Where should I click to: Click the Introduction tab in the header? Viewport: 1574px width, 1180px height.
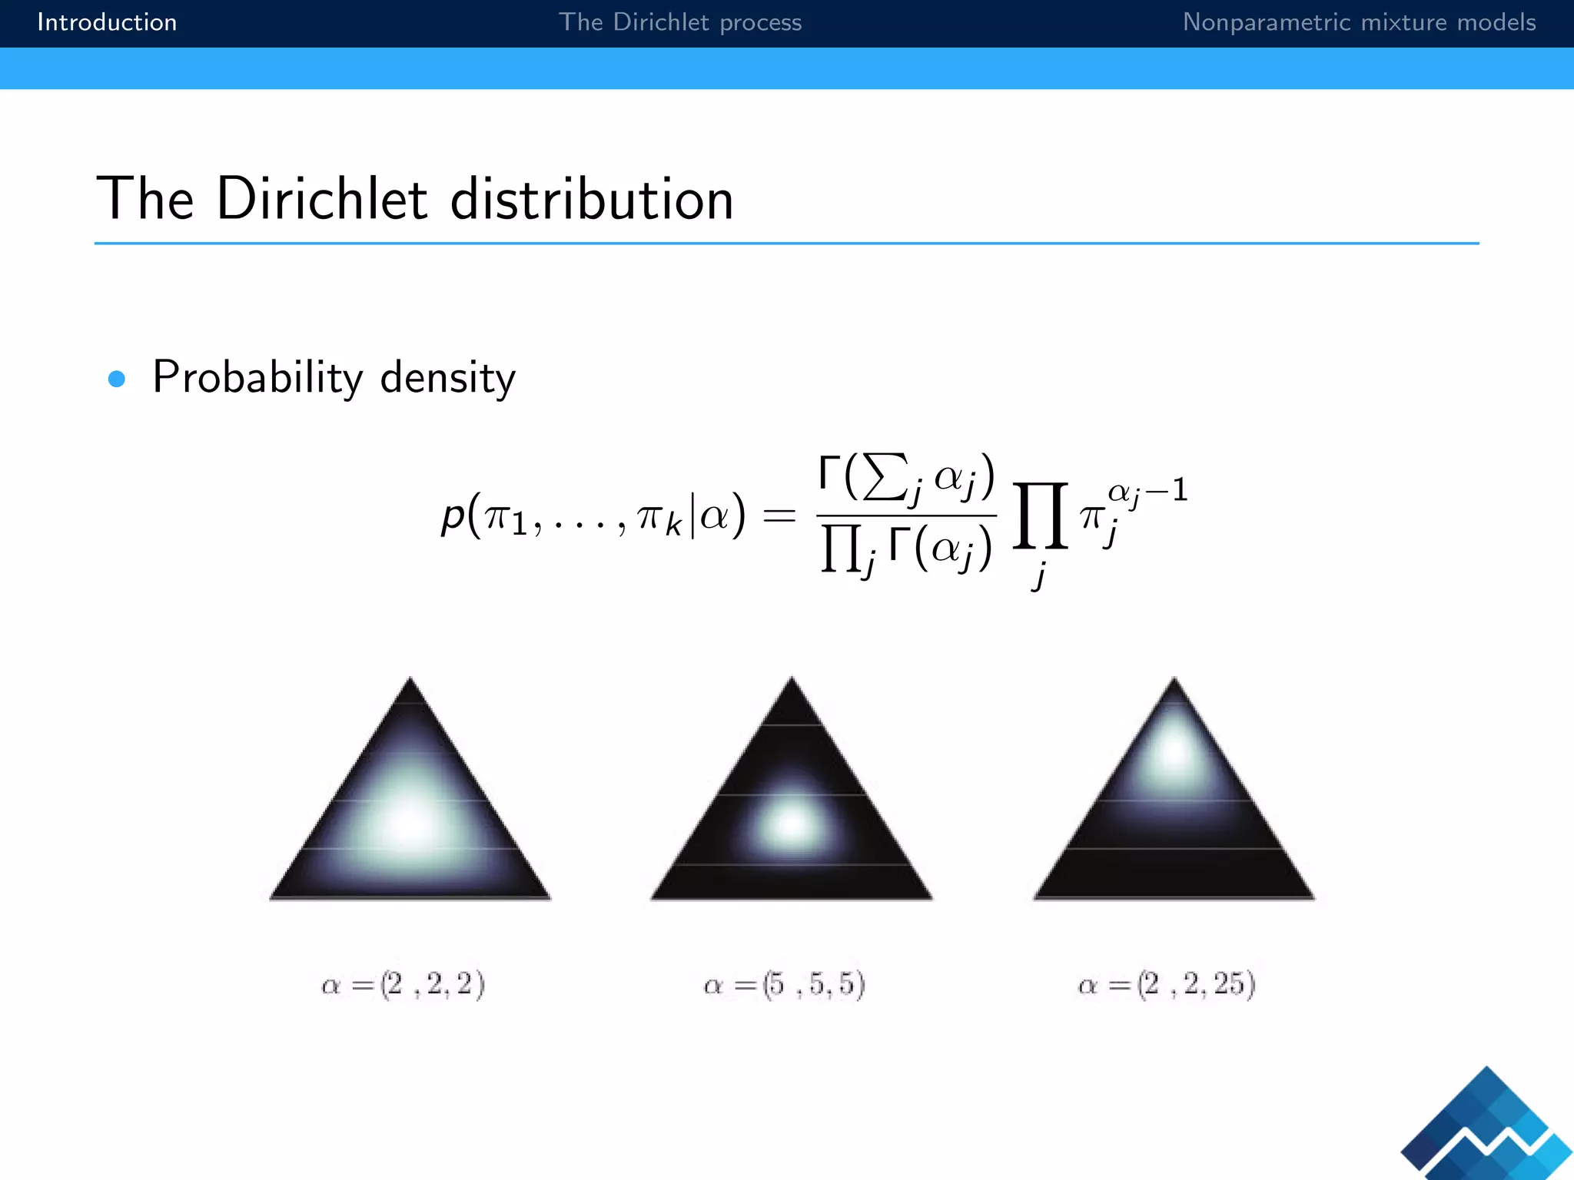pos(107,22)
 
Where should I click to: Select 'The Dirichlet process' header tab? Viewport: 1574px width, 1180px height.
pos(679,22)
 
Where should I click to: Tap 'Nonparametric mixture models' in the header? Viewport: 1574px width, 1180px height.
pos(1358,22)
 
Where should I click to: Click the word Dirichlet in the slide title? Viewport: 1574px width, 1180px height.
pos(321,199)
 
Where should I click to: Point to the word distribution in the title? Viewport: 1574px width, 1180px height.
pos(591,199)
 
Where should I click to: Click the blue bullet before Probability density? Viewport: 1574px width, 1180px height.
pos(117,379)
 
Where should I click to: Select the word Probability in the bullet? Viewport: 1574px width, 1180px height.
pos(257,378)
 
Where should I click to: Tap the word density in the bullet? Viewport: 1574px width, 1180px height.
pos(447,378)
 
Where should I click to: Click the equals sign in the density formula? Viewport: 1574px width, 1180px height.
pos(779,515)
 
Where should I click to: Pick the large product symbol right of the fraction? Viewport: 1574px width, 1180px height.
pos(1040,516)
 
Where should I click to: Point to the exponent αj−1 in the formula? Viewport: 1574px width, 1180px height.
pos(1147,491)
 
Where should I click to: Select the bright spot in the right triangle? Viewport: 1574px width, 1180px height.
pos(1173,751)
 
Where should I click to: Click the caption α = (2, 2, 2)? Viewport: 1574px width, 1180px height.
pos(403,984)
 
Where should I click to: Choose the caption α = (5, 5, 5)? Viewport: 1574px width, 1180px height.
pos(785,984)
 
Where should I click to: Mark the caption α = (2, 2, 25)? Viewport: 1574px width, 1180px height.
pos(1167,984)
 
